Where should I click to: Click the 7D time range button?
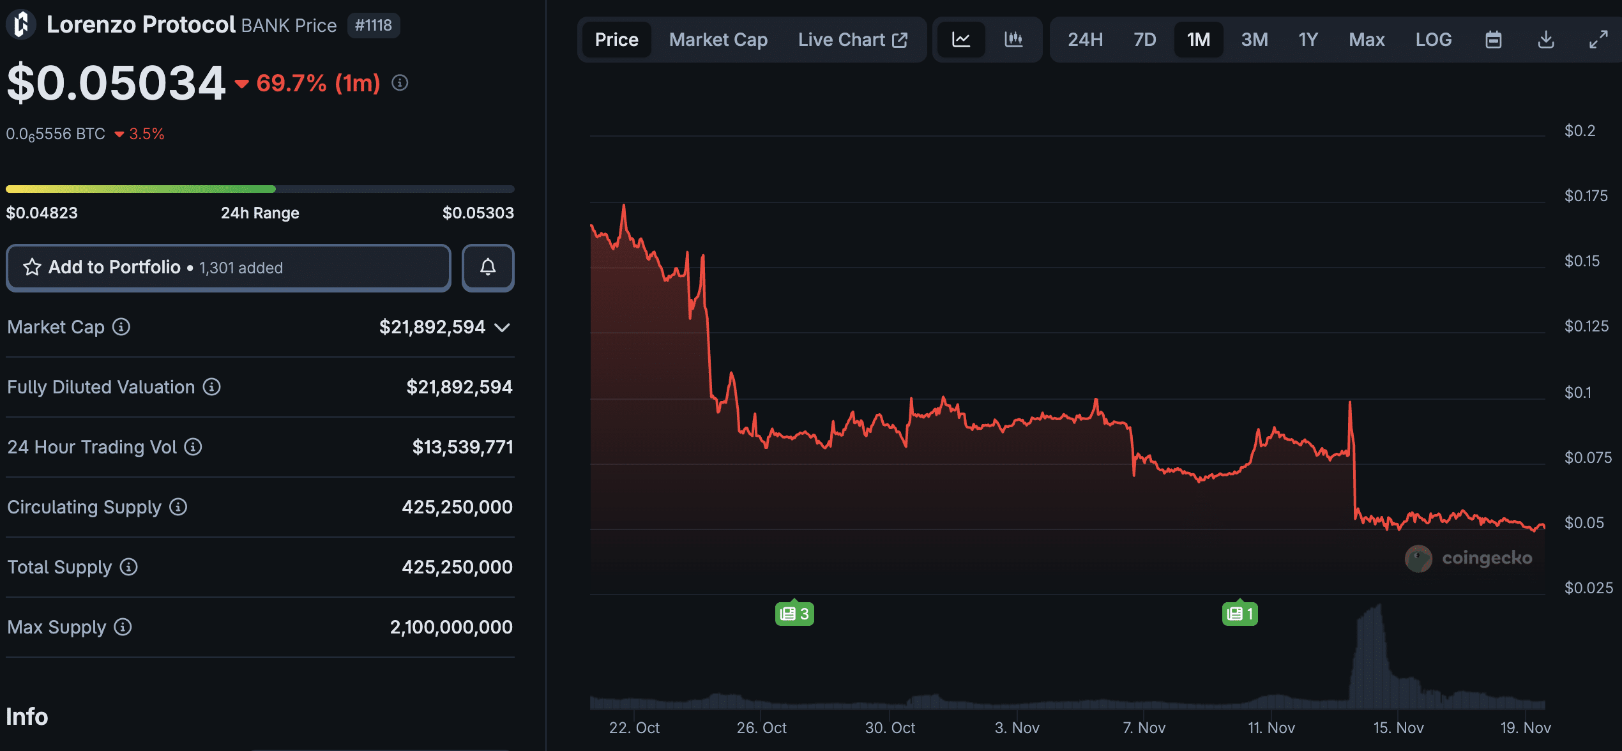pyautogui.click(x=1144, y=40)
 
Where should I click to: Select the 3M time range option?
pyautogui.click(x=1254, y=40)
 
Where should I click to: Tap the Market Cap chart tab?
pyautogui.click(x=718, y=40)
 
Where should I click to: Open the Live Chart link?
pyautogui.click(x=852, y=40)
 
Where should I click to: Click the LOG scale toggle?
pyautogui.click(x=1433, y=40)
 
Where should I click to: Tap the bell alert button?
pyautogui.click(x=488, y=268)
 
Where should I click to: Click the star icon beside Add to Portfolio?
pyautogui.click(x=32, y=268)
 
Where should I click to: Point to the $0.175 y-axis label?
pyautogui.click(x=1586, y=196)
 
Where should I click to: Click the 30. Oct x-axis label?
pyautogui.click(x=890, y=727)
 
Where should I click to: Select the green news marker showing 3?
pyautogui.click(x=794, y=614)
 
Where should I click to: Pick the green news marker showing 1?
pyautogui.click(x=1240, y=614)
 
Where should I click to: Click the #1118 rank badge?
pyautogui.click(x=374, y=26)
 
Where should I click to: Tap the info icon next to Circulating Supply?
pyautogui.click(x=178, y=507)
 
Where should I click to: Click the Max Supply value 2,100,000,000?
pyautogui.click(x=451, y=627)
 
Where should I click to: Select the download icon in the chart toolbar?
pyautogui.click(x=1545, y=40)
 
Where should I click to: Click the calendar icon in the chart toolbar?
pyautogui.click(x=1493, y=40)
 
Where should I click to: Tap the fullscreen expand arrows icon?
pyautogui.click(x=1598, y=40)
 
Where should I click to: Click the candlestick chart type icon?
pyautogui.click(x=1013, y=40)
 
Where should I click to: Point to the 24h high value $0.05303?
pyautogui.click(x=478, y=213)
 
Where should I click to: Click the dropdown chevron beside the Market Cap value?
pyautogui.click(x=503, y=328)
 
